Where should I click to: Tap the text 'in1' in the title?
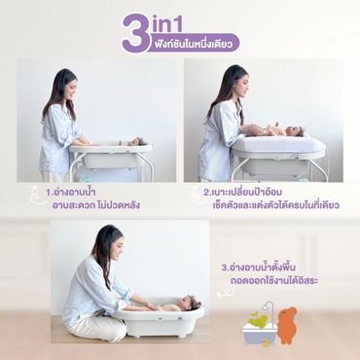coord(167,24)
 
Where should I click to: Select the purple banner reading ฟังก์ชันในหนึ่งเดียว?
coord(195,43)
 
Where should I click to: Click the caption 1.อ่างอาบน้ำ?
coord(71,193)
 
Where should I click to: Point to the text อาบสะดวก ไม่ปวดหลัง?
coord(96,205)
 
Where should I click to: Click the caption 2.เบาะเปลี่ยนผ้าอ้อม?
coord(242,193)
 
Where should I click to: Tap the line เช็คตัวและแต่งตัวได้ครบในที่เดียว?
coord(276,205)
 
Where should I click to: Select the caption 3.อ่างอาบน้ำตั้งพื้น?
coord(259,269)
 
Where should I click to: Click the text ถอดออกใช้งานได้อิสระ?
coord(274,281)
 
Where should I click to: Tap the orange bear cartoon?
coord(287,325)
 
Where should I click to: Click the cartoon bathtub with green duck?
coord(259,329)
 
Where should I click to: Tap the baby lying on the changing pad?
coord(279,130)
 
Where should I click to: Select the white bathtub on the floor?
coord(159,319)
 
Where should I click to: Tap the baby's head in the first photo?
coord(139,141)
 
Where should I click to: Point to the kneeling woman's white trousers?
coord(97,328)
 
